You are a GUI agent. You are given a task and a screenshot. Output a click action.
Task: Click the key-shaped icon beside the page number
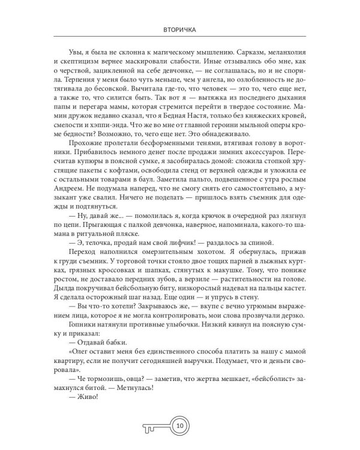(157, 426)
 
